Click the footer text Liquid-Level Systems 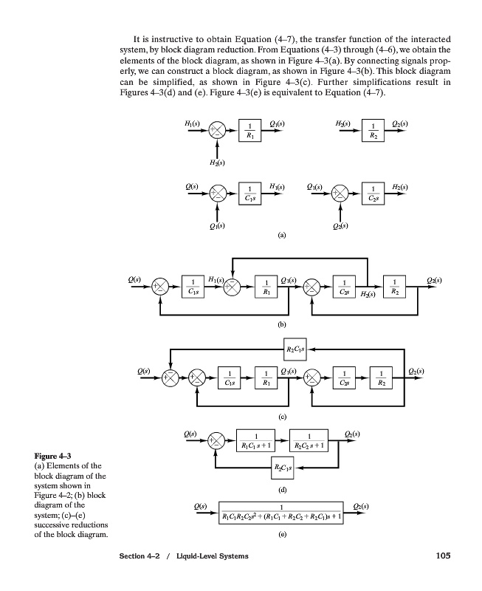click(x=213, y=556)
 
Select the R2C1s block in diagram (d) click(x=281, y=468)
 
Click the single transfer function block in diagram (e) click(x=281, y=512)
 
